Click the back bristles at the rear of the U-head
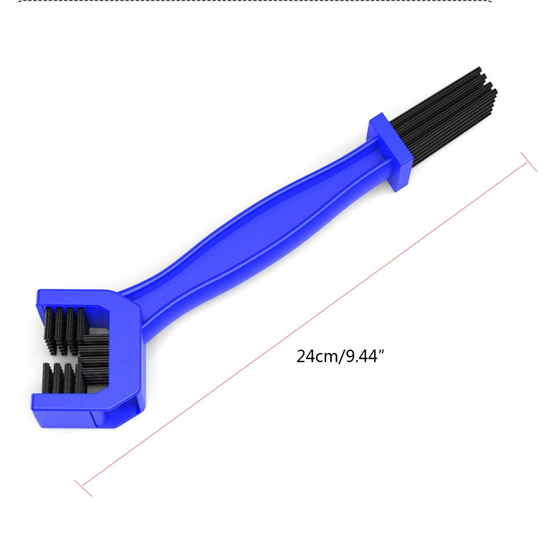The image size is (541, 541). point(95,359)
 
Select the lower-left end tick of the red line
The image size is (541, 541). point(83,488)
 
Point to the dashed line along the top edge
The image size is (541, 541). point(270,2)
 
